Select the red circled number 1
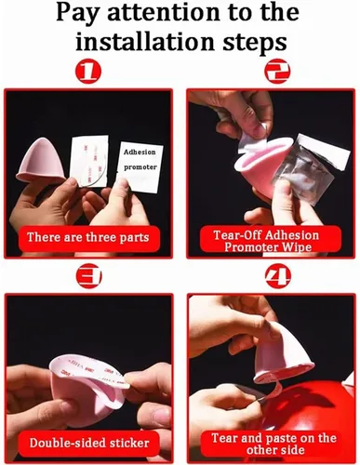tap(88, 71)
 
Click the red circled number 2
tap(277, 71)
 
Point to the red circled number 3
tap(88, 275)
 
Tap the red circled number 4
tap(278, 275)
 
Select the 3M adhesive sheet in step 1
tap(89, 161)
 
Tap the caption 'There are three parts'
tap(88, 237)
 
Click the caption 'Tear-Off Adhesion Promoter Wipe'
tap(267, 241)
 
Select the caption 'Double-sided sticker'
tap(89, 443)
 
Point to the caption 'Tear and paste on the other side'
tap(273, 444)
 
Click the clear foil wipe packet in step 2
tap(310, 169)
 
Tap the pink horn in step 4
tap(282, 352)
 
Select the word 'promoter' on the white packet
tap(140, 167)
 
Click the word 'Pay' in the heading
tap(77, 13)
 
